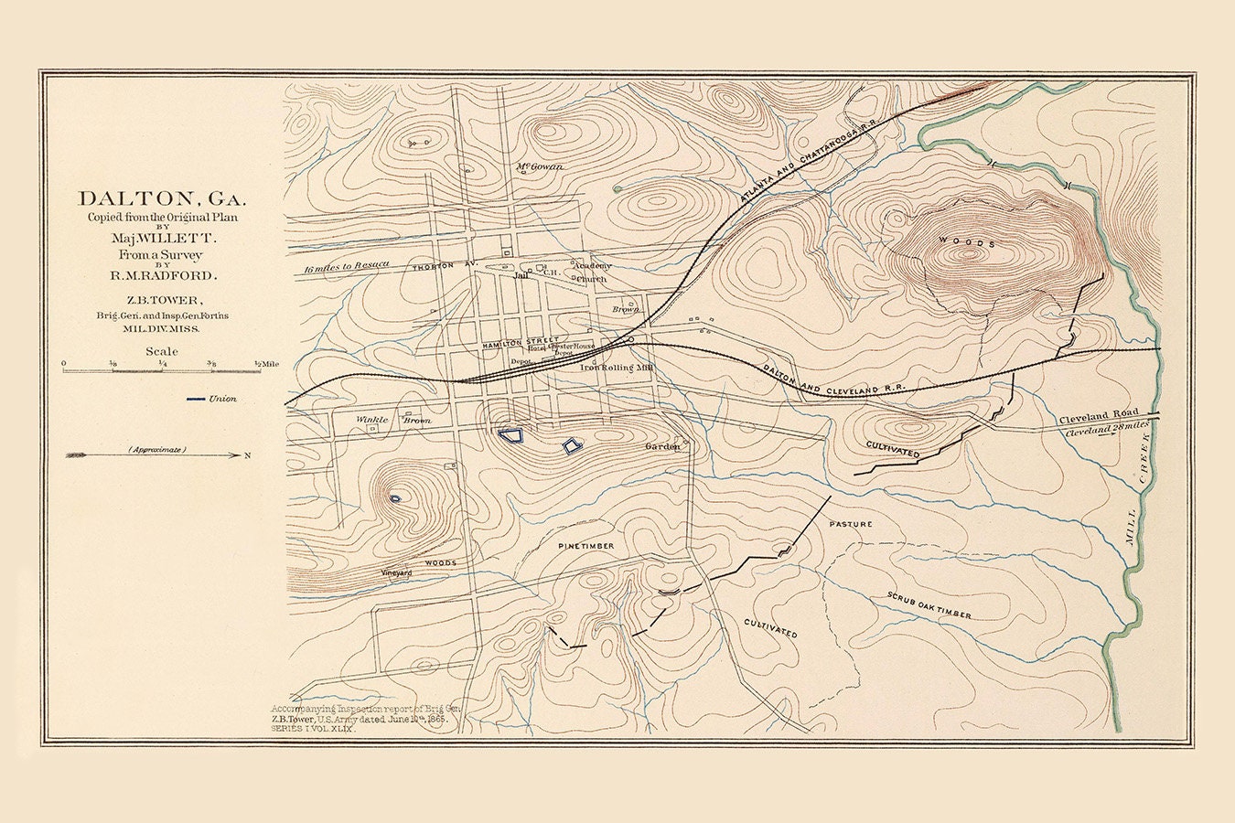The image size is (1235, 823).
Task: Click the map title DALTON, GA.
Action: click(162, 198)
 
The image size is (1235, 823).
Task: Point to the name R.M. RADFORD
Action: click(162, 274)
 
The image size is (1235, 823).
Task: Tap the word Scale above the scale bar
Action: click(162, 351)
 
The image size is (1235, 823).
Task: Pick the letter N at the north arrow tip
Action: click(247, 454)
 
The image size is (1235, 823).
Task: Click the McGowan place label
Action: click(540, 166)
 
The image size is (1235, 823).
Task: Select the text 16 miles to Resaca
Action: click(347, 265)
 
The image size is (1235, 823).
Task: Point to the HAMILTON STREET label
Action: click(521, 340)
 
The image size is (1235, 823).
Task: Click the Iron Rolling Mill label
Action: click(617, 368)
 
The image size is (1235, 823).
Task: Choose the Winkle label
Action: click(372, 420)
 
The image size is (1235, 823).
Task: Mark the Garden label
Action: click(663, 446)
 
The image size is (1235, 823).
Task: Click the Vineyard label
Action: click(397, 572)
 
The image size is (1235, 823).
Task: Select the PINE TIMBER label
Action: click(586, 545)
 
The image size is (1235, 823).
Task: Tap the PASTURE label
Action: click(851, 524)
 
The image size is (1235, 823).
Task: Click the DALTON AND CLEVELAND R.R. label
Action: click(834, 377)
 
